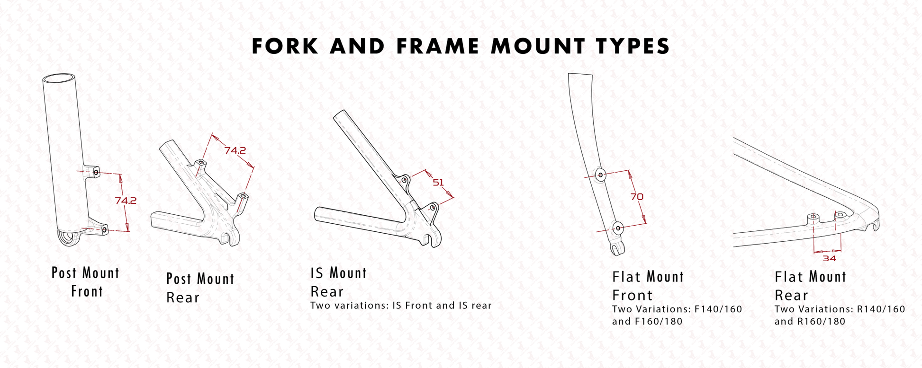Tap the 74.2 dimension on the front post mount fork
click(x=126, y=201)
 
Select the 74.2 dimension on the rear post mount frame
click(x=235, y=150)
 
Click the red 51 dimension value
click(x=438, y=182)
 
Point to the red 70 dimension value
click(x=637, y=196)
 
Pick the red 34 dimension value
click(x=829, y=258)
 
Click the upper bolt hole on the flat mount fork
click(x=601, y=175)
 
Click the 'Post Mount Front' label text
click(x=86, y=282)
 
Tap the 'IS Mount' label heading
click(x=338, y=273)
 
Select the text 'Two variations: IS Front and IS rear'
click(x=401, y=306)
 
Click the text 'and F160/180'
click(x=647, y=322)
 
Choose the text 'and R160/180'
click(x=810, y=322)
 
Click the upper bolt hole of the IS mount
click(x=404, y=180)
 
